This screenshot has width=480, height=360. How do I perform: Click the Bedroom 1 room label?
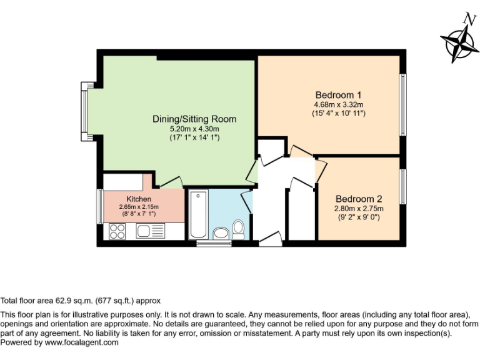(337, 94)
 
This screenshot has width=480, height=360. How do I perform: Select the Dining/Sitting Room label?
(194, 119)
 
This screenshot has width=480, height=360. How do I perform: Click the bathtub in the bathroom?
(198, 214)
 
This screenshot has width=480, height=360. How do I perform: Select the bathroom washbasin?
(221, 234)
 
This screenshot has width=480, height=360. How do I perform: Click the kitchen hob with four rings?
(117, 231)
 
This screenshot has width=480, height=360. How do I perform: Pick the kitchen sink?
(145, 231)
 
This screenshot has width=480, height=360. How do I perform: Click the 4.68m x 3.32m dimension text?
(338, 104)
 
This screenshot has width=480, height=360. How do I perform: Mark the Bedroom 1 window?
(403, 105)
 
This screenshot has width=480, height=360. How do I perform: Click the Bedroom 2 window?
(403, 186)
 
